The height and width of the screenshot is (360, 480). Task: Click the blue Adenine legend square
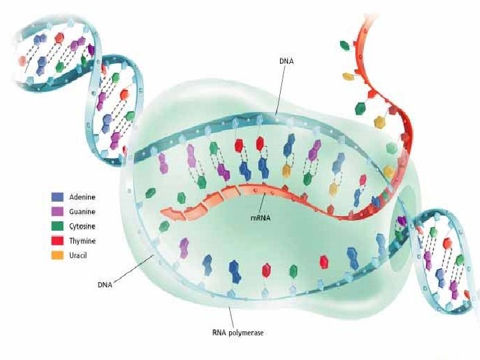click(x=57, y=197)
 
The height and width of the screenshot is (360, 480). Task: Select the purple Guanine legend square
click(x=57, y=212)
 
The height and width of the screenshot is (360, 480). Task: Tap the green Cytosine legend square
click(x=57, y=227)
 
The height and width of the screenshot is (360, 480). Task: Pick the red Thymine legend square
click(x=57, y=241)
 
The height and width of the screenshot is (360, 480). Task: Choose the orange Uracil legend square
click(x=57, y=255)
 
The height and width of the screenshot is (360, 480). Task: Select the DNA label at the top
click(x=286, y=61)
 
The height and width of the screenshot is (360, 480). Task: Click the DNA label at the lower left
click(x=103, y=285)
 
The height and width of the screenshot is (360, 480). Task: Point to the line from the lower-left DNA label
click(x=137, y=269)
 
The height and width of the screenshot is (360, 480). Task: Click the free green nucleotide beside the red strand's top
click(x=345, y=45)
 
